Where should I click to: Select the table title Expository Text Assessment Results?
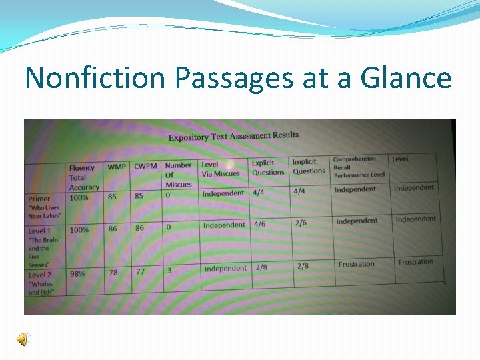[233, 136]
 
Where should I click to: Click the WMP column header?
[117, 166]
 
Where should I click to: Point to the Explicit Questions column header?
[267, 167]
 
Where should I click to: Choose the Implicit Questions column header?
[309, 166]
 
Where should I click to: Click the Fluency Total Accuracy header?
[83, 177]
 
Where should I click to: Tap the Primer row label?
[39, 199]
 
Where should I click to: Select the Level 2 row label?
[40, 275]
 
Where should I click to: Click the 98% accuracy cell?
[77, 273]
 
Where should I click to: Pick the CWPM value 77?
[139, 272]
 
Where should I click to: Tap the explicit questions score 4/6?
[259, 225]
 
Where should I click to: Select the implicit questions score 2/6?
[301, 223]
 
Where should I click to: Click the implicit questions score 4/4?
[299, 191]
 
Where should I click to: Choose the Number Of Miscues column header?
[178, 175]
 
